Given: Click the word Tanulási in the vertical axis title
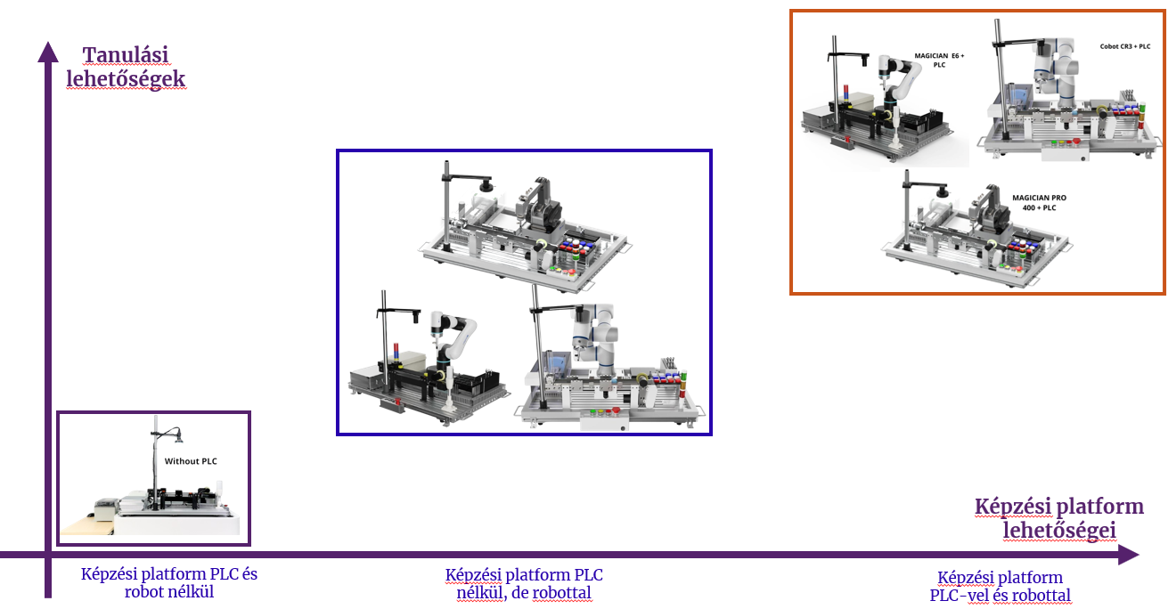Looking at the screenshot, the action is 125,54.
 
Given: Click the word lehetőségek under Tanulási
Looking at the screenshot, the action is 126,79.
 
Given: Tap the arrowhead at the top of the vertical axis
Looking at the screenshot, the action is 48,53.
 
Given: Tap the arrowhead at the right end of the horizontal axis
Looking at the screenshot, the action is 1129,555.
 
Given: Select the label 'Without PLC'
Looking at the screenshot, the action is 191,461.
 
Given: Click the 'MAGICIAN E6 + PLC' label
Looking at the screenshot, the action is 940,60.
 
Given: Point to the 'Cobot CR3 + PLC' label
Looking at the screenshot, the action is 1124,46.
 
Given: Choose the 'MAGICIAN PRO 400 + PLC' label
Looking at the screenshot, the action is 1039,203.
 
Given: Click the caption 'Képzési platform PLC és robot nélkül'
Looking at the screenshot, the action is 169,583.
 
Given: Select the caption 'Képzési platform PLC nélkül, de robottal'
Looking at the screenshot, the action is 524,583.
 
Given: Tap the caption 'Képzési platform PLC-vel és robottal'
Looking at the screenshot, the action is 1001,586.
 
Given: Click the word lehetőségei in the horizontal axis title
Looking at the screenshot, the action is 1059,530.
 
